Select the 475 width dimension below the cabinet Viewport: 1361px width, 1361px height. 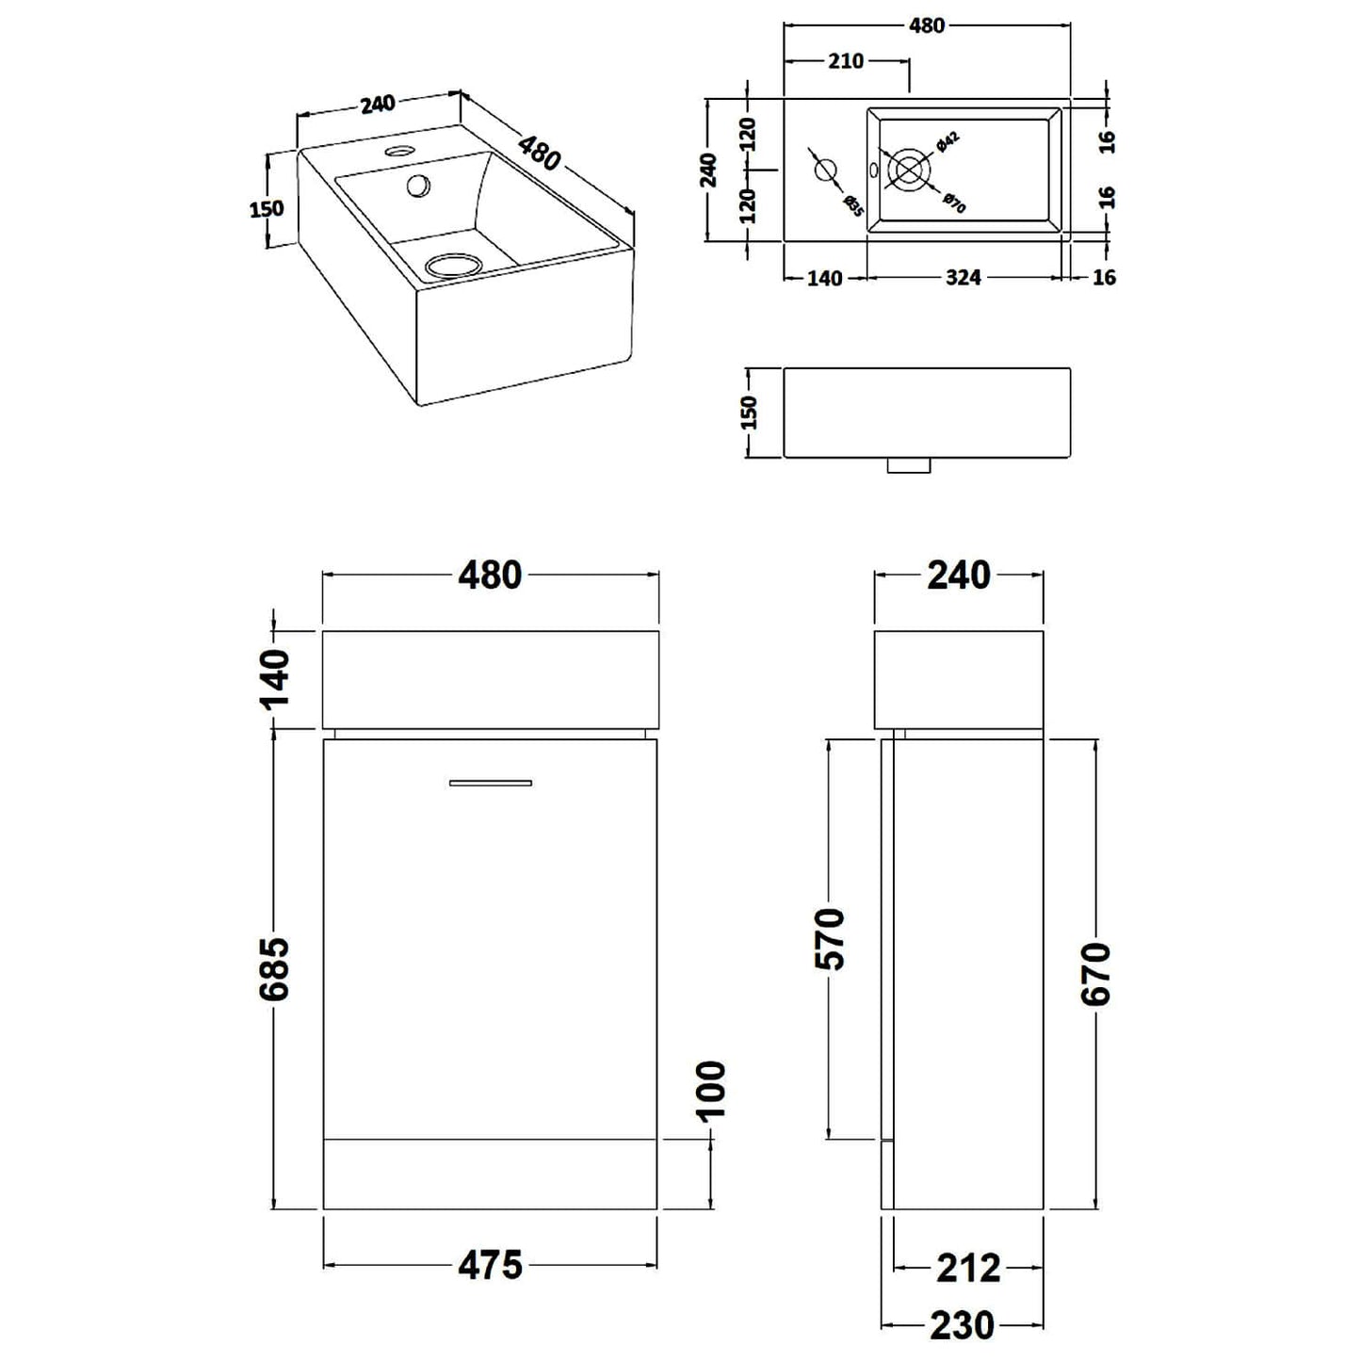click(490, 1265)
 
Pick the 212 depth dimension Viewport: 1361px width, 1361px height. click(968, 1268)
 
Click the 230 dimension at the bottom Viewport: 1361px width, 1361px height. click(963, 1325)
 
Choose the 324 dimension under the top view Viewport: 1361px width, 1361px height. click(963, 277)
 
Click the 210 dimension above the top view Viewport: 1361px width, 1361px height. click(845, 61)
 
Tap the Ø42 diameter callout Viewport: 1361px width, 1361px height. click(948, 143)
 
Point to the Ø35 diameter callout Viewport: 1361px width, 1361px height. click(852, 204)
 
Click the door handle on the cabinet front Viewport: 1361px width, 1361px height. click(490, 782)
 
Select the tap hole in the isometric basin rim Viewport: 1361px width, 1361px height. click(399, 150)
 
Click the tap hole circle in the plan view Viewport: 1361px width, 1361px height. click(824, 170)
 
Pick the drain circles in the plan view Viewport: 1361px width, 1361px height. click(908, 170)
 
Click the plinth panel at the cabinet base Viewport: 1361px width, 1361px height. click(490, 1175)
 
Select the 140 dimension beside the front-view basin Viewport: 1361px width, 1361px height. click(274, 678)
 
